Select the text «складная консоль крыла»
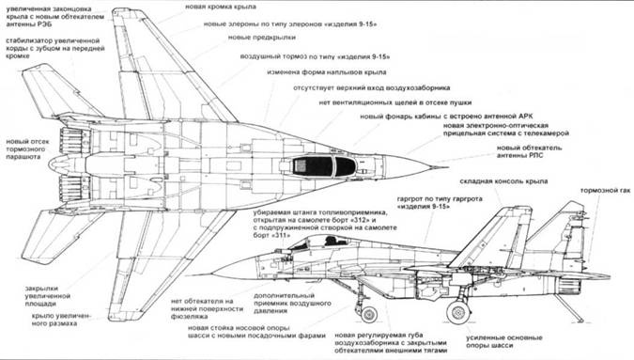click(498, 180)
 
